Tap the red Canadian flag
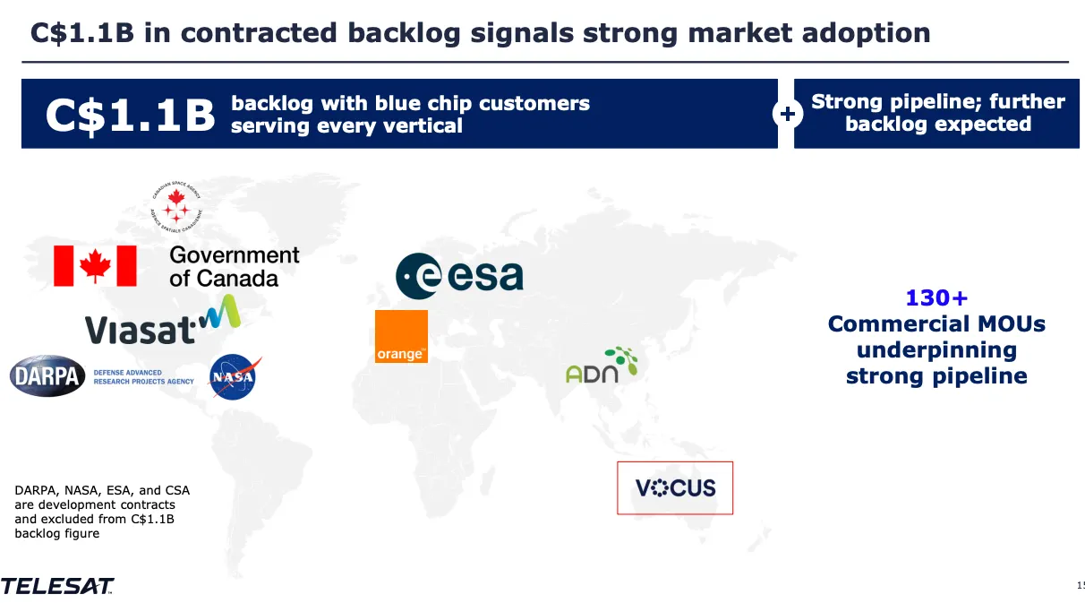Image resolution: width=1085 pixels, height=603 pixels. tap(95, 266)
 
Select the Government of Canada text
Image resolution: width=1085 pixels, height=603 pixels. tap(234, 266)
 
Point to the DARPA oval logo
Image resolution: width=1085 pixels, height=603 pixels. tap(47, 376)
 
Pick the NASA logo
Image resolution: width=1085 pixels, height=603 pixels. tap(235, 377)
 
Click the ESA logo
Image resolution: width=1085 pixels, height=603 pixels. tap(459, 276)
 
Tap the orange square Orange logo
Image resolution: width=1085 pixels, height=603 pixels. tap(401, 336)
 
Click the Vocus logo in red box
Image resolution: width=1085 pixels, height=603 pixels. tap(675, 487)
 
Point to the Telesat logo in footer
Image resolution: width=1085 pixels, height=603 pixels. tap(57, 587)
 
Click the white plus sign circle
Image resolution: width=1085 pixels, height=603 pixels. tap(786, 114)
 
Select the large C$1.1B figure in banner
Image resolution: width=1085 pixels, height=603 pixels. tap(131, 116)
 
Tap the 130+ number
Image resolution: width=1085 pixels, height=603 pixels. tap(936, 297)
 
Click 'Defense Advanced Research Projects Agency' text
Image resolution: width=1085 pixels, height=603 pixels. tap(143, 376)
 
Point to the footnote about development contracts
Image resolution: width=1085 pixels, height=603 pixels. tap(102, 512)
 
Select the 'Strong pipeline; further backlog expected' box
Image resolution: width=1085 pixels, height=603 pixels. tap(936, 113)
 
